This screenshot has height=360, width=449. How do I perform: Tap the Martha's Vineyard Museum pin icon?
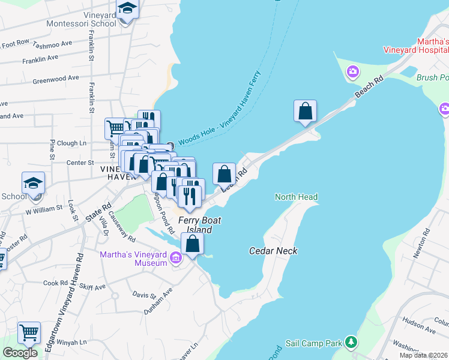176,259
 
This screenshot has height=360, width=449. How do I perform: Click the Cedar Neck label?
273,251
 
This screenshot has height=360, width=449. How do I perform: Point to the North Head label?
296,197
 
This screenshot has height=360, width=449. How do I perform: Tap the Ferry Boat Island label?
199,225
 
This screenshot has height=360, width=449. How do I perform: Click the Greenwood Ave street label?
56,79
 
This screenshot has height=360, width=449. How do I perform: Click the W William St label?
44,209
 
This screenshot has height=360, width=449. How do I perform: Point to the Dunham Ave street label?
158,301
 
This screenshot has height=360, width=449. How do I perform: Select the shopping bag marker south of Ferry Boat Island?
192,244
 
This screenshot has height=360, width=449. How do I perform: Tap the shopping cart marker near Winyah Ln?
29,332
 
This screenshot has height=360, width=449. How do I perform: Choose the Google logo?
20,353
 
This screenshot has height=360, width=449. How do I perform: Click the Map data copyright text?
423,355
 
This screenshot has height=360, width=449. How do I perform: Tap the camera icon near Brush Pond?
352,73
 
